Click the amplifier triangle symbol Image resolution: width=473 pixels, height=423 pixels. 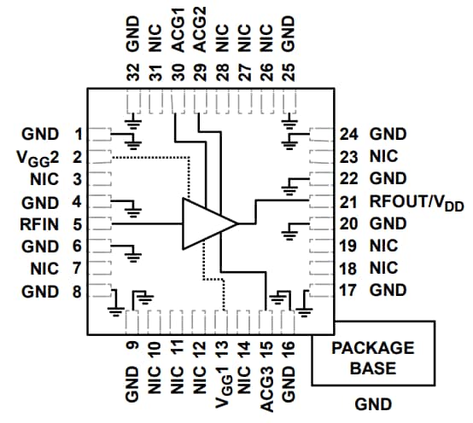pyautogui.click(x=207, y=223)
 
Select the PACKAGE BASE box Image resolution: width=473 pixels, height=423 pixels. pyautogui.click(x=372, y=357)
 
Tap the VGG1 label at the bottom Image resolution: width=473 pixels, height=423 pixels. pyautogui.click(x=222, y=383)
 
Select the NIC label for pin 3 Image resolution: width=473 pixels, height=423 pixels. pyautogui.click(x=44, y=180)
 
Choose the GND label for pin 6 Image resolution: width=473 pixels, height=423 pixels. pyautogui.click(x=42, y=247)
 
